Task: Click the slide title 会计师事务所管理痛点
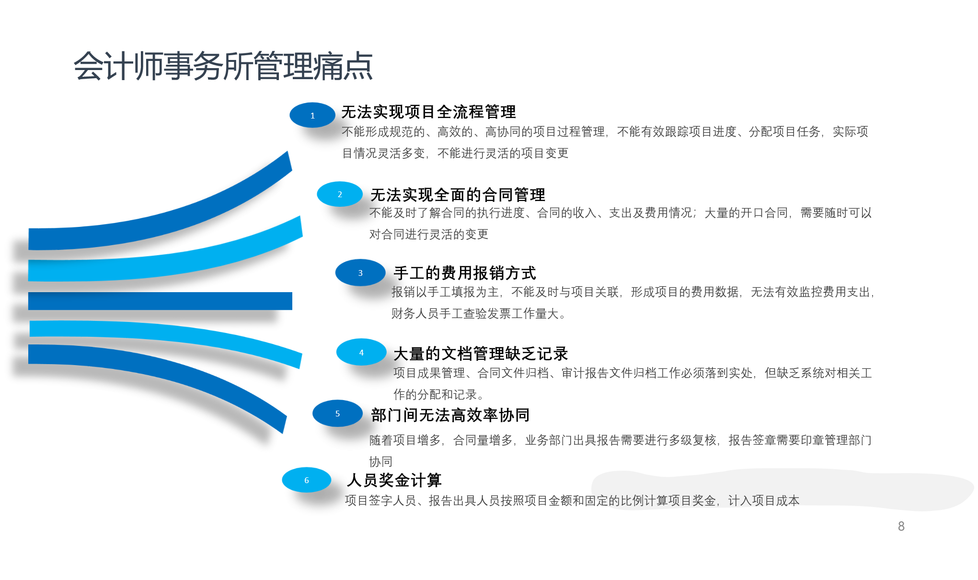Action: (223, 66)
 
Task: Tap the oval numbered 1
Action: (312, 115)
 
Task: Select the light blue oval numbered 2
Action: (340, 194)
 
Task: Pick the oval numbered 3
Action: (360, 273)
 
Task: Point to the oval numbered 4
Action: (361, 352)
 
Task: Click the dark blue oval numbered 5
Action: (337, 413)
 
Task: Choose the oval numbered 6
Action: (307, 480)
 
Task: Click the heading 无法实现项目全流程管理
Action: (428, 112)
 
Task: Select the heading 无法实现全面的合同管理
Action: (458, 195)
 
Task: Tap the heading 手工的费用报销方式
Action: (464, 273)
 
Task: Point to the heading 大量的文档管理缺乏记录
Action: (481, 354)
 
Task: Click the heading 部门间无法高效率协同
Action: (450, 415)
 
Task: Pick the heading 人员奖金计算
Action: (394, 480)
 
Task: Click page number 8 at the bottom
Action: (901, 526)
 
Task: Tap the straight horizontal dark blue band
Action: (160, 301)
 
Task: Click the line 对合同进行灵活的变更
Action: (429, 234)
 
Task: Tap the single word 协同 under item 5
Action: (381, 462)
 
